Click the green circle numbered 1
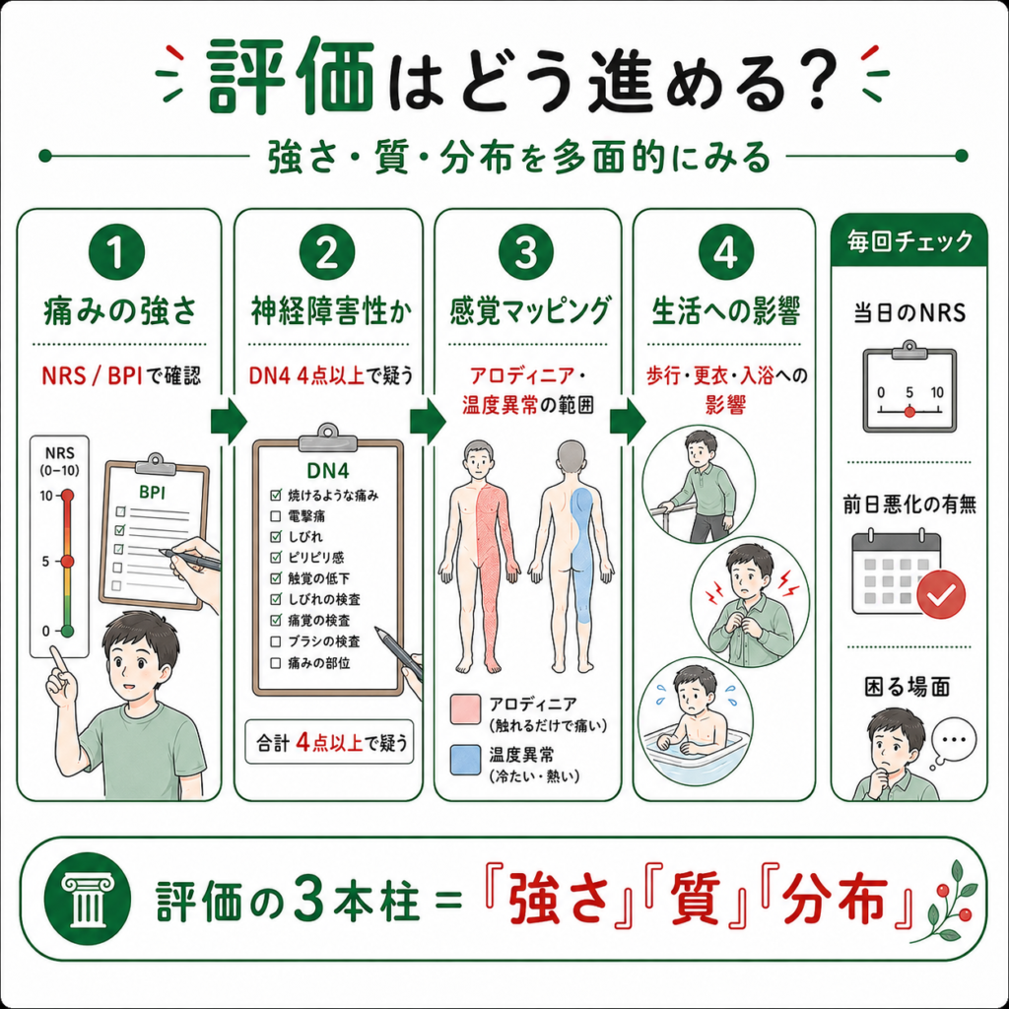coord(116,251)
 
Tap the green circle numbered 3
coord(526,251)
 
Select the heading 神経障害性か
coord(331,311)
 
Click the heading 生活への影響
coord(726,311)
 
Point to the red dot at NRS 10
coord(67,496)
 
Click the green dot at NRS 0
coord(67,631)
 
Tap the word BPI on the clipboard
coord(153,493)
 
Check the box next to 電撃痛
coord(276,516)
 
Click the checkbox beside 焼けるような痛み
coord(276,495)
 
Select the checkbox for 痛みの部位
coord(276,663)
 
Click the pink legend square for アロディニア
coord(465,709)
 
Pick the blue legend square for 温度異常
coord(465,760)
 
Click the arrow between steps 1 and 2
coord(229,422)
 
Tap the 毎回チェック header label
coord(909,241)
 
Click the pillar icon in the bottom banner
coord(88,899)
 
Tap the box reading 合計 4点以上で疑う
coord(329,743)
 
